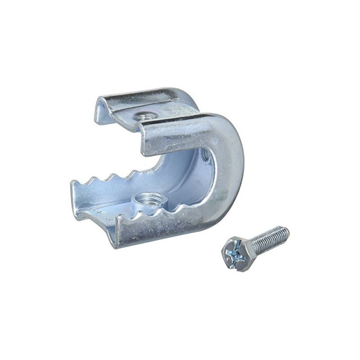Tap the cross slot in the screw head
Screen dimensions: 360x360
coord(236,253)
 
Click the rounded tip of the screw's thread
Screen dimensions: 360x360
coord(286,230)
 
